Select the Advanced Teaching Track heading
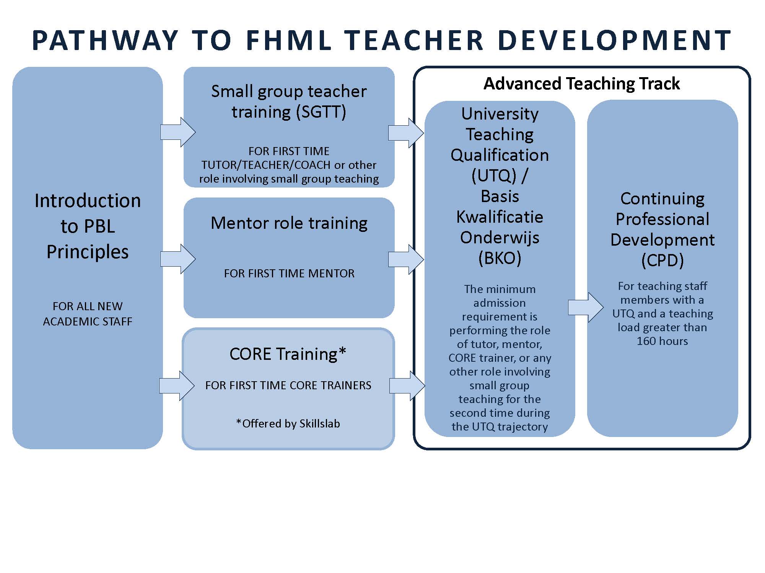[582, 83]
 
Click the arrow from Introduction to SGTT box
[178, 132]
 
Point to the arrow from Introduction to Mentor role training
[178, 259]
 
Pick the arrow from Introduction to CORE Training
[177, 385]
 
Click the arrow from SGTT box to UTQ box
[406, 133]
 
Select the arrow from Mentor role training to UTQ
[406, 259]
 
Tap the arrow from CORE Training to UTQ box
[407, 386]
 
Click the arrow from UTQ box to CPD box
[586, 308]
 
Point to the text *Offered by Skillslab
[288, 424]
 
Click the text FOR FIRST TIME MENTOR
[289, 274]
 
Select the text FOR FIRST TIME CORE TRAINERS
[288, 385]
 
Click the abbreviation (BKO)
[500, 259]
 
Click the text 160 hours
[662, 341]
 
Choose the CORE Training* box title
[288, 354]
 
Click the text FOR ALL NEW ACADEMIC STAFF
[88, 314]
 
